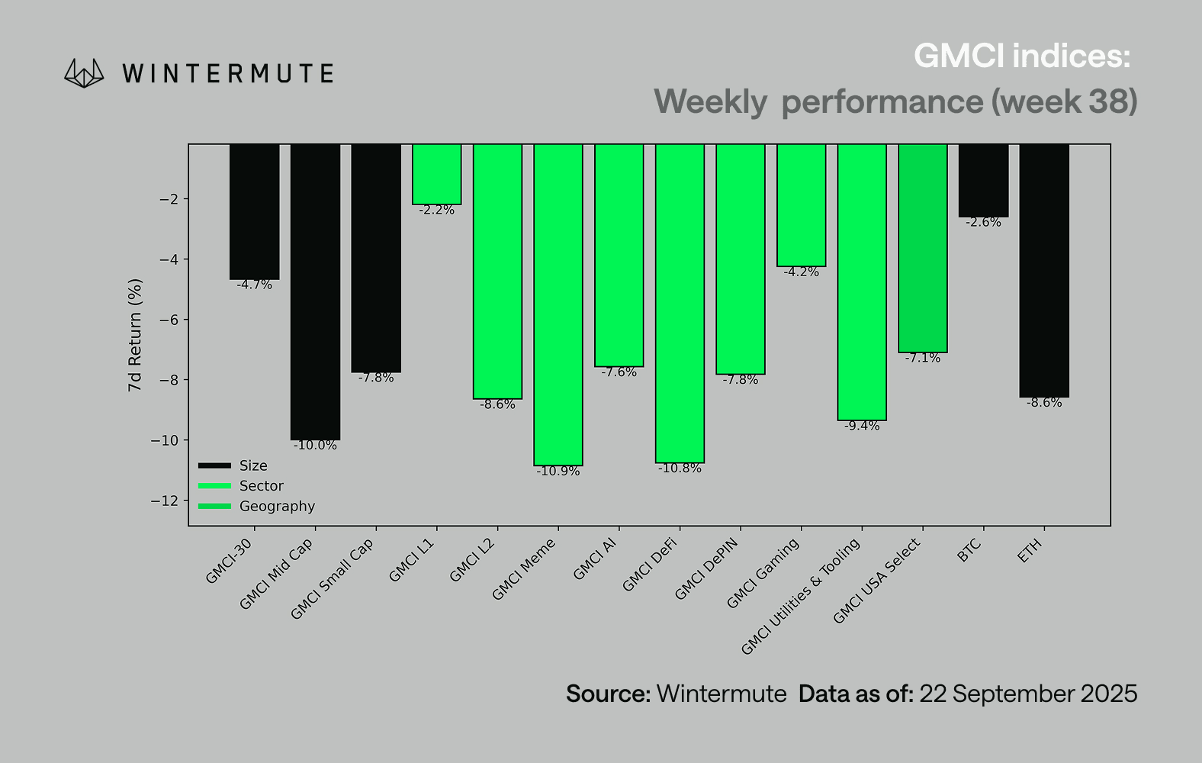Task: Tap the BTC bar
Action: (983, 180)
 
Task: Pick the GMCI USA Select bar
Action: (923, 248)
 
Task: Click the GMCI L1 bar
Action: (437, 174)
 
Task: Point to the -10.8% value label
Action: (680, 468)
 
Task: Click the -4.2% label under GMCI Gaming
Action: (802, 272)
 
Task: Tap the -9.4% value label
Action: (862, 427)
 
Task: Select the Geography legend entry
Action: (276, 507)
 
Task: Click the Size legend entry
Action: (252, 466)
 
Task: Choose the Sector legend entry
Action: (261, 486)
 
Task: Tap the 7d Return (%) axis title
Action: (135, 335)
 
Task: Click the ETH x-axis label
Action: (1030, 551)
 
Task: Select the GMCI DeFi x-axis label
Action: (651, 565)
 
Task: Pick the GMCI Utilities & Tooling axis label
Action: (801, 596)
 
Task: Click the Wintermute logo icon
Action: (84, 73)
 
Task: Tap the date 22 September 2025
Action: (1028, 694)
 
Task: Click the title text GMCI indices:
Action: (1022, 56)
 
